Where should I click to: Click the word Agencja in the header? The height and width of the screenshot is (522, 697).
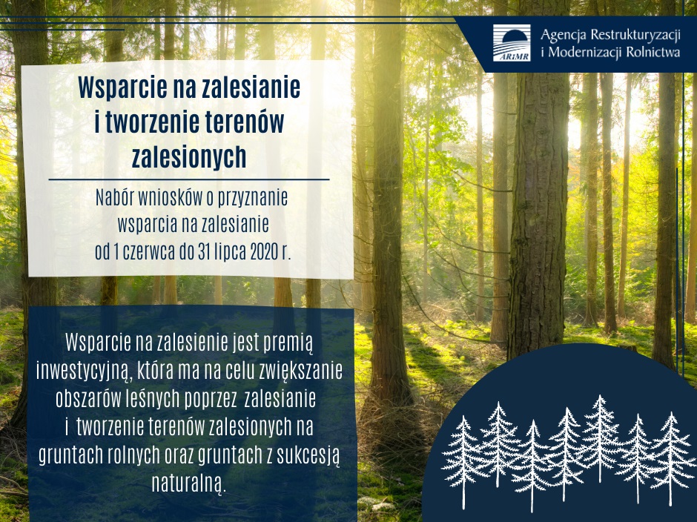(x=565, y=35)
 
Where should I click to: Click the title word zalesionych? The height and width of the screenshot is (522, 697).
(x=188, y=157)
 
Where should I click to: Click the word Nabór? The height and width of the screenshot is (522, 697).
(x=115, y=199)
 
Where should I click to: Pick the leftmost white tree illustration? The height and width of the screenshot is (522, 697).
(x=463, y=460)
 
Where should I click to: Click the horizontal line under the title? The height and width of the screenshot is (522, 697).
(x=188, y=179)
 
